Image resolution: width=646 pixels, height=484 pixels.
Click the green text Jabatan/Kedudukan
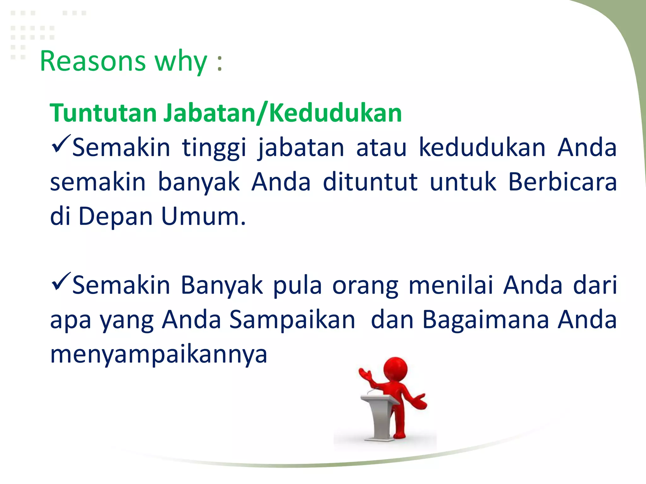pos(283,113)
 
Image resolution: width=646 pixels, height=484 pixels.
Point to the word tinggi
pos(214,148)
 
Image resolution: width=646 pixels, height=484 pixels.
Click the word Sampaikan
pos(292,320)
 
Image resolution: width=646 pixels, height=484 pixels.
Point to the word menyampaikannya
pos(159,355)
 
